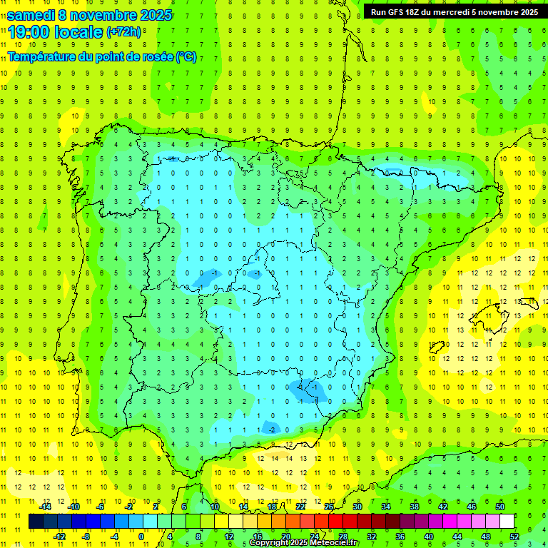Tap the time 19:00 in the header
(32, 31)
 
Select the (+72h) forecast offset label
(124, 32)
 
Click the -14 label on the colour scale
(46, 507)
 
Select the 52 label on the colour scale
(514, 536)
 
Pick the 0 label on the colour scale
(141, 536)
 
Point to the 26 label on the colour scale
(329, 507)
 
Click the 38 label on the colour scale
(414, 507)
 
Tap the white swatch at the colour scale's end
(507, 522)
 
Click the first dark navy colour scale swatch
(36, 522)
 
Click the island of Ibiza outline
(437, 347)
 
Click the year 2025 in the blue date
(156, 15)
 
